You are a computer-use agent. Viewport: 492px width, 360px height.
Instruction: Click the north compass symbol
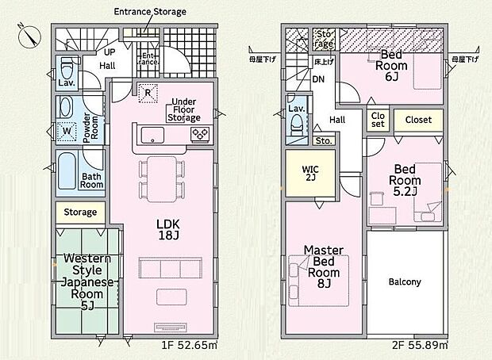coord(29,36)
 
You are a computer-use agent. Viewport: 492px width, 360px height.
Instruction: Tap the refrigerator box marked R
coord(148,93)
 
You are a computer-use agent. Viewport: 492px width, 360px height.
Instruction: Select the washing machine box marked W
coord(67,131)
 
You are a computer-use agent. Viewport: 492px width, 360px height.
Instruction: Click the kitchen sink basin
coord(152,135)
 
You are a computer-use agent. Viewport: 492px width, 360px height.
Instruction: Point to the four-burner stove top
coord(201,135)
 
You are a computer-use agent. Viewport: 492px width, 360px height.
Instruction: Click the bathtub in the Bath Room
coord(67,171)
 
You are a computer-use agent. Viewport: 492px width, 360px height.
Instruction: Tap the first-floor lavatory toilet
coord(67,68)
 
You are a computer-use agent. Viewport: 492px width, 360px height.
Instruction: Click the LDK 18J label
coord(168,229)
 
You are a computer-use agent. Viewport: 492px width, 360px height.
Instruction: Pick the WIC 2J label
coord(310,174)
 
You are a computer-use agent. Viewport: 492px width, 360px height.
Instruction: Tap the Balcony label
coord(405,282)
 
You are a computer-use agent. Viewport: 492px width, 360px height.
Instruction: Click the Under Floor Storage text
coord(184,109)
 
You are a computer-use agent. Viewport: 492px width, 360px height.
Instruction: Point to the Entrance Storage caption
coord(150,12)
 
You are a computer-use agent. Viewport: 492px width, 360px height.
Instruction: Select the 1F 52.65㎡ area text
coord(189,345)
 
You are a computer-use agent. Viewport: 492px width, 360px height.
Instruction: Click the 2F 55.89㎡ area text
coord(420,345)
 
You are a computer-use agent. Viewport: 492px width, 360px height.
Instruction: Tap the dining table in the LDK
coord(162,179)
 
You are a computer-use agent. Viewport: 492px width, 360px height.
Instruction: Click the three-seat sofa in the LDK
coord(171,268)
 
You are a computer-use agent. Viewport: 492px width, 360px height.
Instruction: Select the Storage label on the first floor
coord(80,213)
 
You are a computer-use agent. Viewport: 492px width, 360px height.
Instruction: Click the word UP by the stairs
coord(110,52)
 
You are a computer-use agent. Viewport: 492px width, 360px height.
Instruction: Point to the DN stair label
coord(318,79)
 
